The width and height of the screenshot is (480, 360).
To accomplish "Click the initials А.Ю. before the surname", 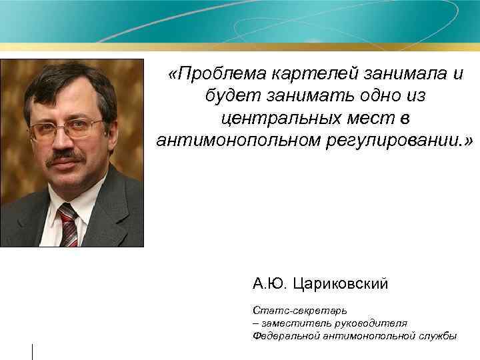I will (269, 285).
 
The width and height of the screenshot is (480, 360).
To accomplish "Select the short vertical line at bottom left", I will (32, 350).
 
